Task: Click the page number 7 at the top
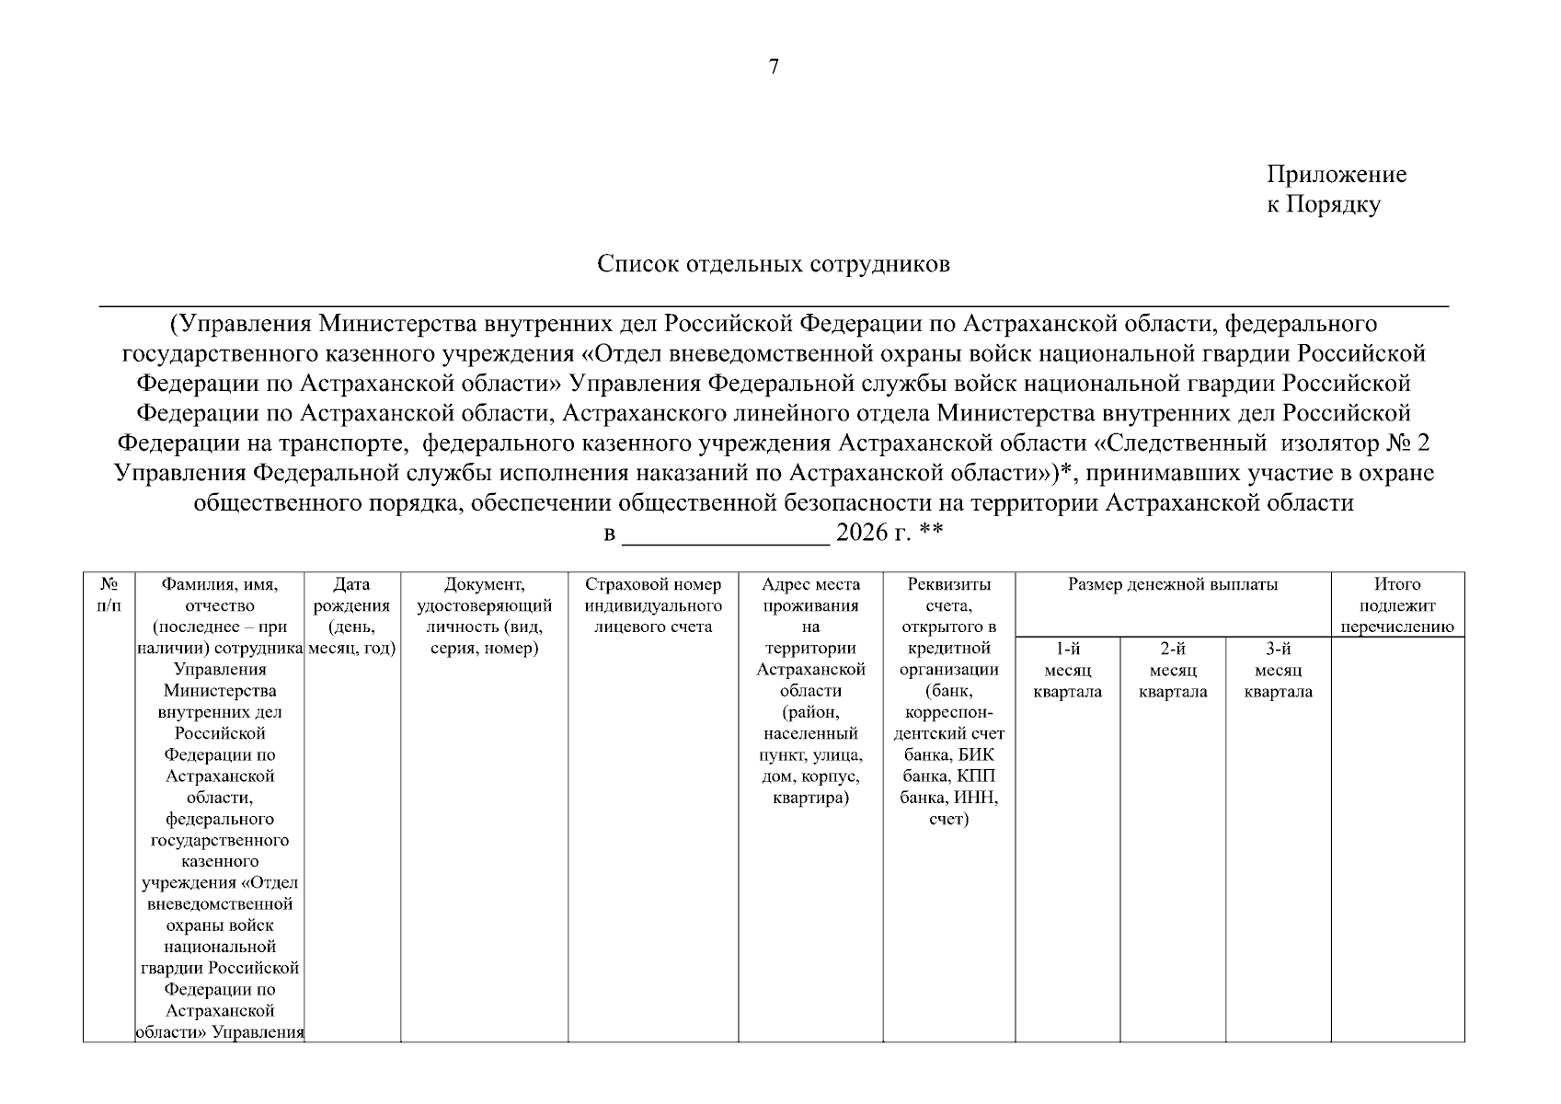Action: tap(774, 66)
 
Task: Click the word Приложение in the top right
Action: tap(1336, 175)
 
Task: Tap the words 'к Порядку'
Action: tap(1323, 205)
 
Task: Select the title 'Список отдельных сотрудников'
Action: tap(774, 265)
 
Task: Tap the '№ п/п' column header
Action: tap(109, 595)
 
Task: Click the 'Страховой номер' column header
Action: tap(653, 585)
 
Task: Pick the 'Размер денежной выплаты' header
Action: tap(1173, 585)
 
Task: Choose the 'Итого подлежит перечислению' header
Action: tap(1397, 606)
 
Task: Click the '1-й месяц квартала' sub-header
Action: tap(1067, 671)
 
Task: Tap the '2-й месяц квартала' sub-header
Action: tap(1173, 671)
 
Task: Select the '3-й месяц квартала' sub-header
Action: tap(1279, 671)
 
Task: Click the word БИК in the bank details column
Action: tap(976, 755)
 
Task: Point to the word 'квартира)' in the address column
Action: tap(810, 798)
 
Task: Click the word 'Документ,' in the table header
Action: tap(484, 585)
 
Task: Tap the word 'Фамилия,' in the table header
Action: tap(219, 585)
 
